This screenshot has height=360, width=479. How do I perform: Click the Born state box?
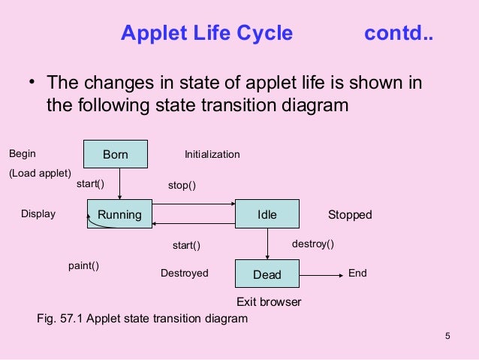[x=115, y=155]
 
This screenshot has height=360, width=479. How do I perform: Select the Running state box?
[x=119, y=214]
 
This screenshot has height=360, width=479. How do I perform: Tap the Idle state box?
[x=267, y=214]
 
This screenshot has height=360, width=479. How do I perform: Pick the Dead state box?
[x=267, y=274]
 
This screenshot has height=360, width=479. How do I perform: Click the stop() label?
[x=182, y=185]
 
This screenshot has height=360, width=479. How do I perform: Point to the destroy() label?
[x=312, y=244]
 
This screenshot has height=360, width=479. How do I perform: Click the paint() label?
[x=84, y=265]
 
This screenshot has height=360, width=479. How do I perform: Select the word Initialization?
[x=212, y=155]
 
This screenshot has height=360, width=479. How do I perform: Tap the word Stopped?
[x=350, y=215]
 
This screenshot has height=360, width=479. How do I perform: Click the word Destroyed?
[x=185, y=274]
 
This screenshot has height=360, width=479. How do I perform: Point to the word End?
[x=357, y=274]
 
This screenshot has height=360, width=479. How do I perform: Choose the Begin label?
[x=22, y=154]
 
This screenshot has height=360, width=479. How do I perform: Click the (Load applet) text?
[x=40, y=173]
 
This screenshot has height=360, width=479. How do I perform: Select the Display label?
[x=38, y=214]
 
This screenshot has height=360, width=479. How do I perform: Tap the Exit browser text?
[x=269, y=302]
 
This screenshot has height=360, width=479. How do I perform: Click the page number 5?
[x=447, y=335]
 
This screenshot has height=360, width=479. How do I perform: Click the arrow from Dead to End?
[x=321, y=274]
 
